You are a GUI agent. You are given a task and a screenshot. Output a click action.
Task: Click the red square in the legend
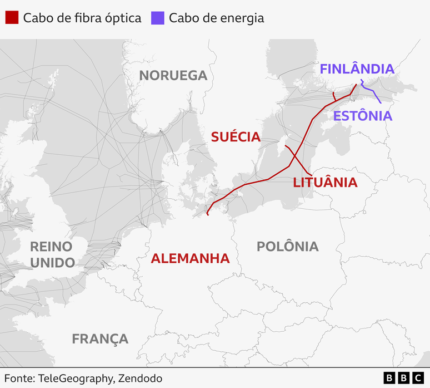coord(12,18)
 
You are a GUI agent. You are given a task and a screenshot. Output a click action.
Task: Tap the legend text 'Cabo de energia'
coord(216,18)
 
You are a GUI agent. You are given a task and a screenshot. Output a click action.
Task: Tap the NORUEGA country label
coord(173,76)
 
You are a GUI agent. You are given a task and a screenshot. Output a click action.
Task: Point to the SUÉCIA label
coord(236,137)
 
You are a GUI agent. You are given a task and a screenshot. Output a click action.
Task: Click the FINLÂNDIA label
coord(357,69)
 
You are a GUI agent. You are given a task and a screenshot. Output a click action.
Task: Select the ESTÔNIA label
coord(363,116)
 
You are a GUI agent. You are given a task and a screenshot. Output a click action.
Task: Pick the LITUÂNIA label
coord(325,182)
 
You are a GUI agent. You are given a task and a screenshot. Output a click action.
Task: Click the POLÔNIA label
coord(288,246)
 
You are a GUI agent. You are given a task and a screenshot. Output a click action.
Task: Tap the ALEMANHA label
coord(190,258)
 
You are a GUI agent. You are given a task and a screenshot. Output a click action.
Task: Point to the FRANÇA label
coord(100,338)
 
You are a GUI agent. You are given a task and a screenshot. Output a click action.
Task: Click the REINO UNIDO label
coord(52,254)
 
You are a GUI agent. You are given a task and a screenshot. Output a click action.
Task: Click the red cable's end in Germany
coord(207,214)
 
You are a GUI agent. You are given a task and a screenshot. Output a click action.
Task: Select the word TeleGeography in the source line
coord(76,379)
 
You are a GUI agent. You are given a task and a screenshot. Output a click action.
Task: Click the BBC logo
coord(403,378)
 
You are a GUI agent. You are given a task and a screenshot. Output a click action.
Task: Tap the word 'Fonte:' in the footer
coord(19,379)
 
